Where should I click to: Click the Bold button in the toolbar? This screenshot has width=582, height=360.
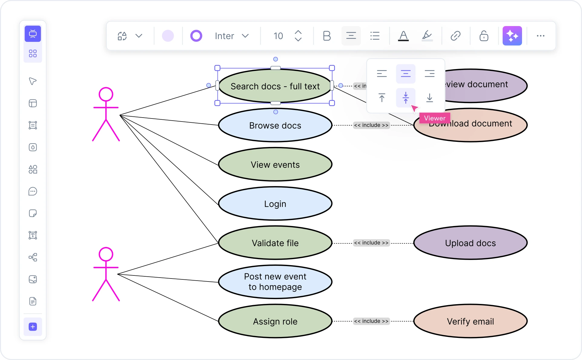(x=327, y=36)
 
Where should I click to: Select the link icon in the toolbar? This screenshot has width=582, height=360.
(x=455, y=36)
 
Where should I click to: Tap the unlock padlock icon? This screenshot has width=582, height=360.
(x=484, y=36)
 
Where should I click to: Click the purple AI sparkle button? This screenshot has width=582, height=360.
(x=512, y=36)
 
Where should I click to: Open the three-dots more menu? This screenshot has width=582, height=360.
(x=541, y=36)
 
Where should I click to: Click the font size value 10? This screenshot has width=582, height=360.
(x=278, y=36)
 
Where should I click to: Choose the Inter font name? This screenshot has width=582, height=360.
(x=224, y=36)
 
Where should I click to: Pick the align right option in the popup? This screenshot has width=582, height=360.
(x=429, y=74)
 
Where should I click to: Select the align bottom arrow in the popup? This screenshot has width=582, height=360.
(x=429, y=98)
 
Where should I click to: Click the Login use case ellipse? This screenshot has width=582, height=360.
(x=275, y=204)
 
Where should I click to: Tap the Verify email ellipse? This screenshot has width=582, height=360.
(x=470, y=321)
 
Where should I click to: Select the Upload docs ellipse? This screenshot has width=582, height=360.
(x=470, y=243)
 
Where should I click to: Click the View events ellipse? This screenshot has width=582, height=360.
(x=275, y=165)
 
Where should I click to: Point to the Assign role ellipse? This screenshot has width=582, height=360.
(x=275, y=321)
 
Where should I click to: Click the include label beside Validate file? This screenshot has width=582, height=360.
(x=371, y=243)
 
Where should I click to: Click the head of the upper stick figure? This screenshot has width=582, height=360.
(x=106, y=94)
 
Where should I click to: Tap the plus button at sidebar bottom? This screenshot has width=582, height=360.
(x=33, y=327)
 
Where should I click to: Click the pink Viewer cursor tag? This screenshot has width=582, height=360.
(x=435, y=118)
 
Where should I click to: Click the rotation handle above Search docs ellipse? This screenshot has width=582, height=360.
(x=276, y=59)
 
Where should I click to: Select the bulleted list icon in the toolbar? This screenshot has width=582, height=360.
(x=375, y=36)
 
